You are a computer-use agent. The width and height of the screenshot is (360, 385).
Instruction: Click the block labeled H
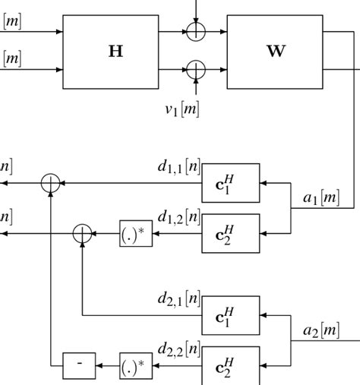[x=115, y=52]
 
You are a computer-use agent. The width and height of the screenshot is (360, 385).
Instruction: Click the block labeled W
[x=274, y=52]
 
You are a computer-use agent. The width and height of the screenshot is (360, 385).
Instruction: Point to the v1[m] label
[x=183, y=109]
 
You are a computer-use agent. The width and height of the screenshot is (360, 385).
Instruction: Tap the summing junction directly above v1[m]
[x=195, y=71]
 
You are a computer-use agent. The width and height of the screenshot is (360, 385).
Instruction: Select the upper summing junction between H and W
[x=195, y=32]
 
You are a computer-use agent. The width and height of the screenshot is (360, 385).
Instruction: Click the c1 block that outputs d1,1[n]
[x=231, y=184]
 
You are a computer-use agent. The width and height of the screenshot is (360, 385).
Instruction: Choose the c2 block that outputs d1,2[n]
[x=231, y=233]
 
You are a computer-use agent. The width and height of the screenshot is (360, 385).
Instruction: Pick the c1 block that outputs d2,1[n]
[x=231, y=314]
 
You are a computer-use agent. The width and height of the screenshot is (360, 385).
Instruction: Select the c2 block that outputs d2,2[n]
[x=231, y=365]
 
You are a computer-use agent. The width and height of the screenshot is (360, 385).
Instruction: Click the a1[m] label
[x=321, y=198]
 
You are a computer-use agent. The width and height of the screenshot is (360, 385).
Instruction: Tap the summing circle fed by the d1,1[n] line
[x=50, y=183]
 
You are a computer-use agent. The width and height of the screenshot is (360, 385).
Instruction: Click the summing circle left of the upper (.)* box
[x=81, y=233]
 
